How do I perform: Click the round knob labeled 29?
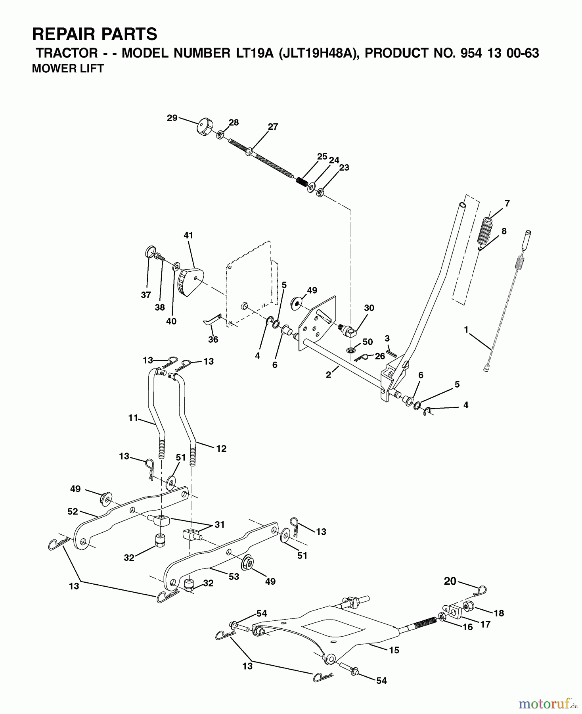click(205, 127)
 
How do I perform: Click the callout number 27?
click(273, 127)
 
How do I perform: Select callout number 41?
click(188, 235)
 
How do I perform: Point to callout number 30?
click(369, 308)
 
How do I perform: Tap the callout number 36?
click(213, 339)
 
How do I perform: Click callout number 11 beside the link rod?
click(133, 418)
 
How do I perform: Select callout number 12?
click(221, 449)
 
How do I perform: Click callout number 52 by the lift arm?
click(73, 512)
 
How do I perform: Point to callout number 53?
click(234, 576)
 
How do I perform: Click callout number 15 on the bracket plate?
click(394, 650)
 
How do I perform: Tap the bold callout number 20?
click(450, 581)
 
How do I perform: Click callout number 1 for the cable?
click(466, 329)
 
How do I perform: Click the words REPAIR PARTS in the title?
click(95, 35)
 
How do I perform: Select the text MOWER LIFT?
click(68, 69)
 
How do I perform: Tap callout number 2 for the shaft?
click(328, 374)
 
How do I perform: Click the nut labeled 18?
click(467, 607)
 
